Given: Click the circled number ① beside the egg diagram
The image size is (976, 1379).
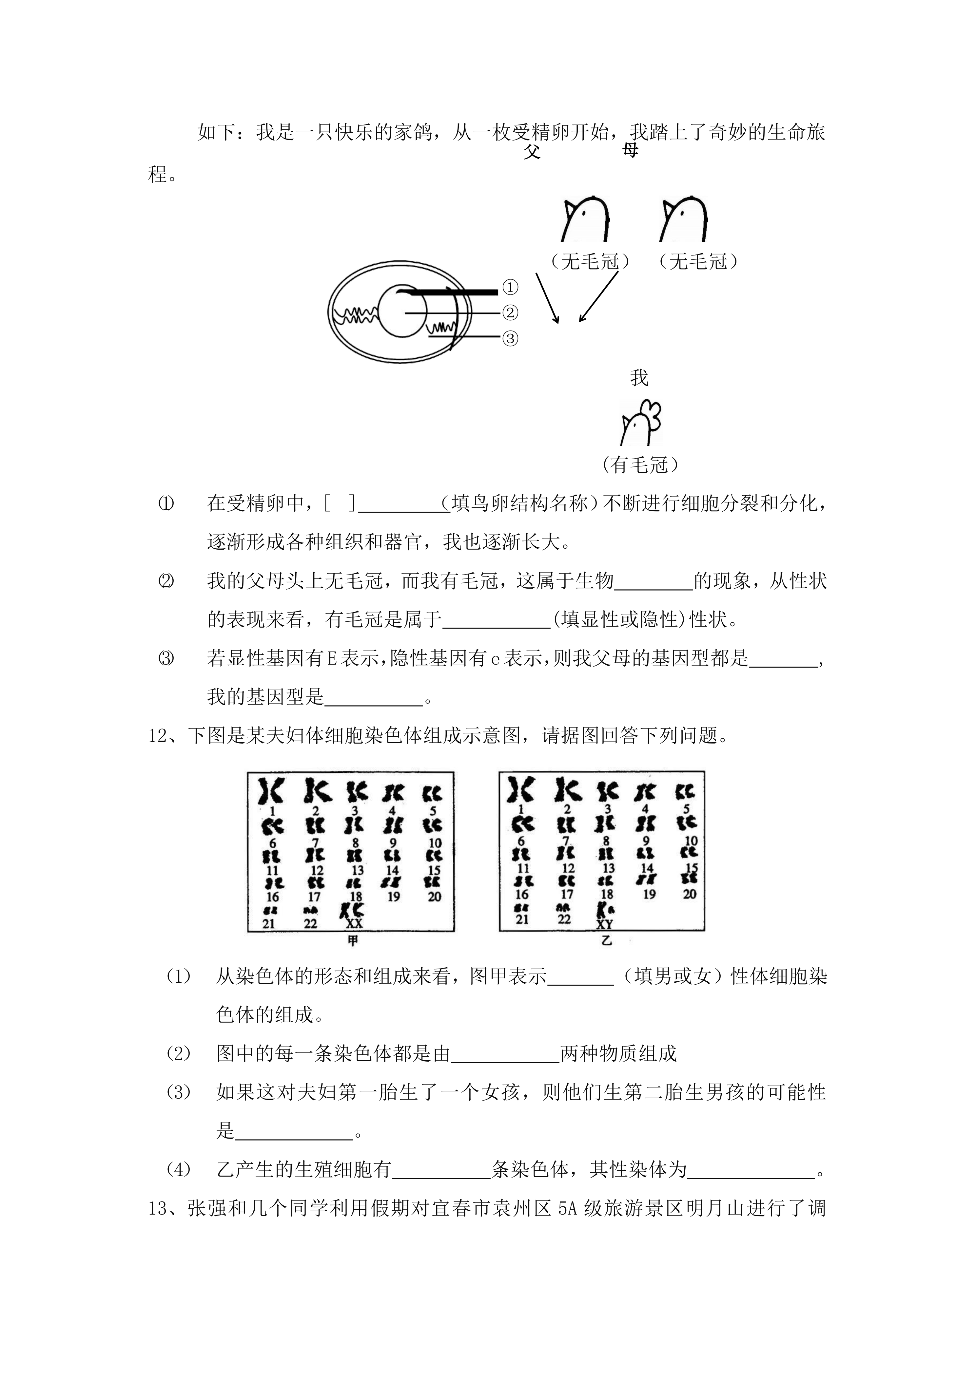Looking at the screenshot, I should coord(510,288).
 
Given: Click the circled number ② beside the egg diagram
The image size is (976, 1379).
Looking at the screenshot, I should coord(510,313).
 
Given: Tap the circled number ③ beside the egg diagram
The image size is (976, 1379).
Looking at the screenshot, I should coord(510,339).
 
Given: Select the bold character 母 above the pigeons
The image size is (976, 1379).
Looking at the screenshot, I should coord(630,150).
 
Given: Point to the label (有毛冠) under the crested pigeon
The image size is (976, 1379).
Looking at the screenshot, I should coord(639,464).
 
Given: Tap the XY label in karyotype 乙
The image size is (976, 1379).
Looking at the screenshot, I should coord(605,924).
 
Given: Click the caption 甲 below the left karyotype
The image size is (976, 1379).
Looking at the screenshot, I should coord(352,941).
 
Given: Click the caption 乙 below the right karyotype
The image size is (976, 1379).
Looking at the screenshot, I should coord(606,940).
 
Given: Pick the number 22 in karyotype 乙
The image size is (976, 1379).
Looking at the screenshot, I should coord(564,919).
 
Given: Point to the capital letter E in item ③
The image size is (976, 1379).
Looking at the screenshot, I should coord(331,659).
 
